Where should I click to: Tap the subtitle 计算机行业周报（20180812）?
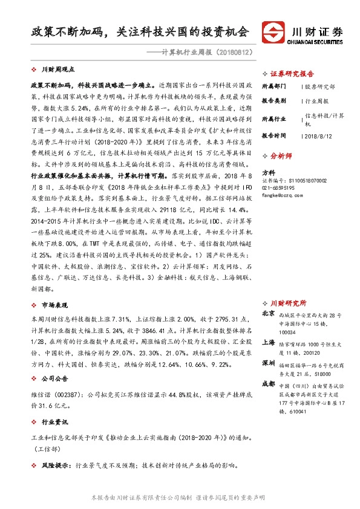click(198, 53)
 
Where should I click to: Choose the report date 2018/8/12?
click(317, 137)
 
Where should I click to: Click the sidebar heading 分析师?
click(282, 155)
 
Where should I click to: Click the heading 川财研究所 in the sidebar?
click(288, 303)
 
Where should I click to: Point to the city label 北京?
click(269, 314)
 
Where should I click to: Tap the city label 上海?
click(269, 342)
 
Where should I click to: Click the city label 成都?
click(269, 384)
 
